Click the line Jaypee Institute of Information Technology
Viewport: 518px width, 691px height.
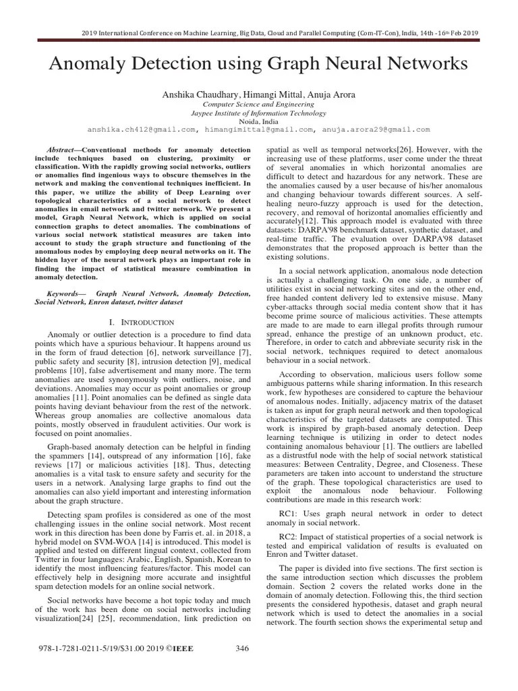click(259, 113)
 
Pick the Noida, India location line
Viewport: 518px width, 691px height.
click(259, 121)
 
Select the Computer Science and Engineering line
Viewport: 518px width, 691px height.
click(259, 105)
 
